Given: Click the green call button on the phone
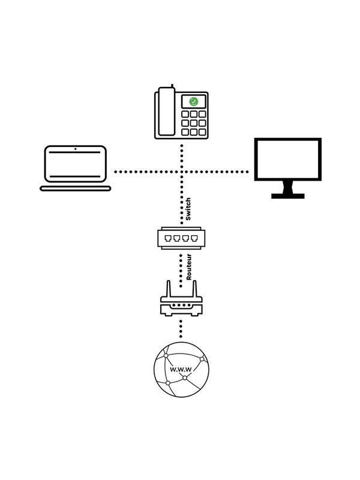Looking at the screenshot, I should point(193,101).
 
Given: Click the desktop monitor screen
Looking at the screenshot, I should point(288,158).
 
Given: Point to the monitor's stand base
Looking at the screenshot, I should point(288,196).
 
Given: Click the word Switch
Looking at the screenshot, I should point(188,209).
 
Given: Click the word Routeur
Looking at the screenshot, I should point(188,268).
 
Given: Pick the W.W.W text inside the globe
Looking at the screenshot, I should point(181,370).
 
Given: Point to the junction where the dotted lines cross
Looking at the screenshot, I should point(181,172).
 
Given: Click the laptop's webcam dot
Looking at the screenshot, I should point(76,148).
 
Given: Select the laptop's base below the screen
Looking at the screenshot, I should point(76,188).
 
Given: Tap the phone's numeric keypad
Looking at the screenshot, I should point(194,123).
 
